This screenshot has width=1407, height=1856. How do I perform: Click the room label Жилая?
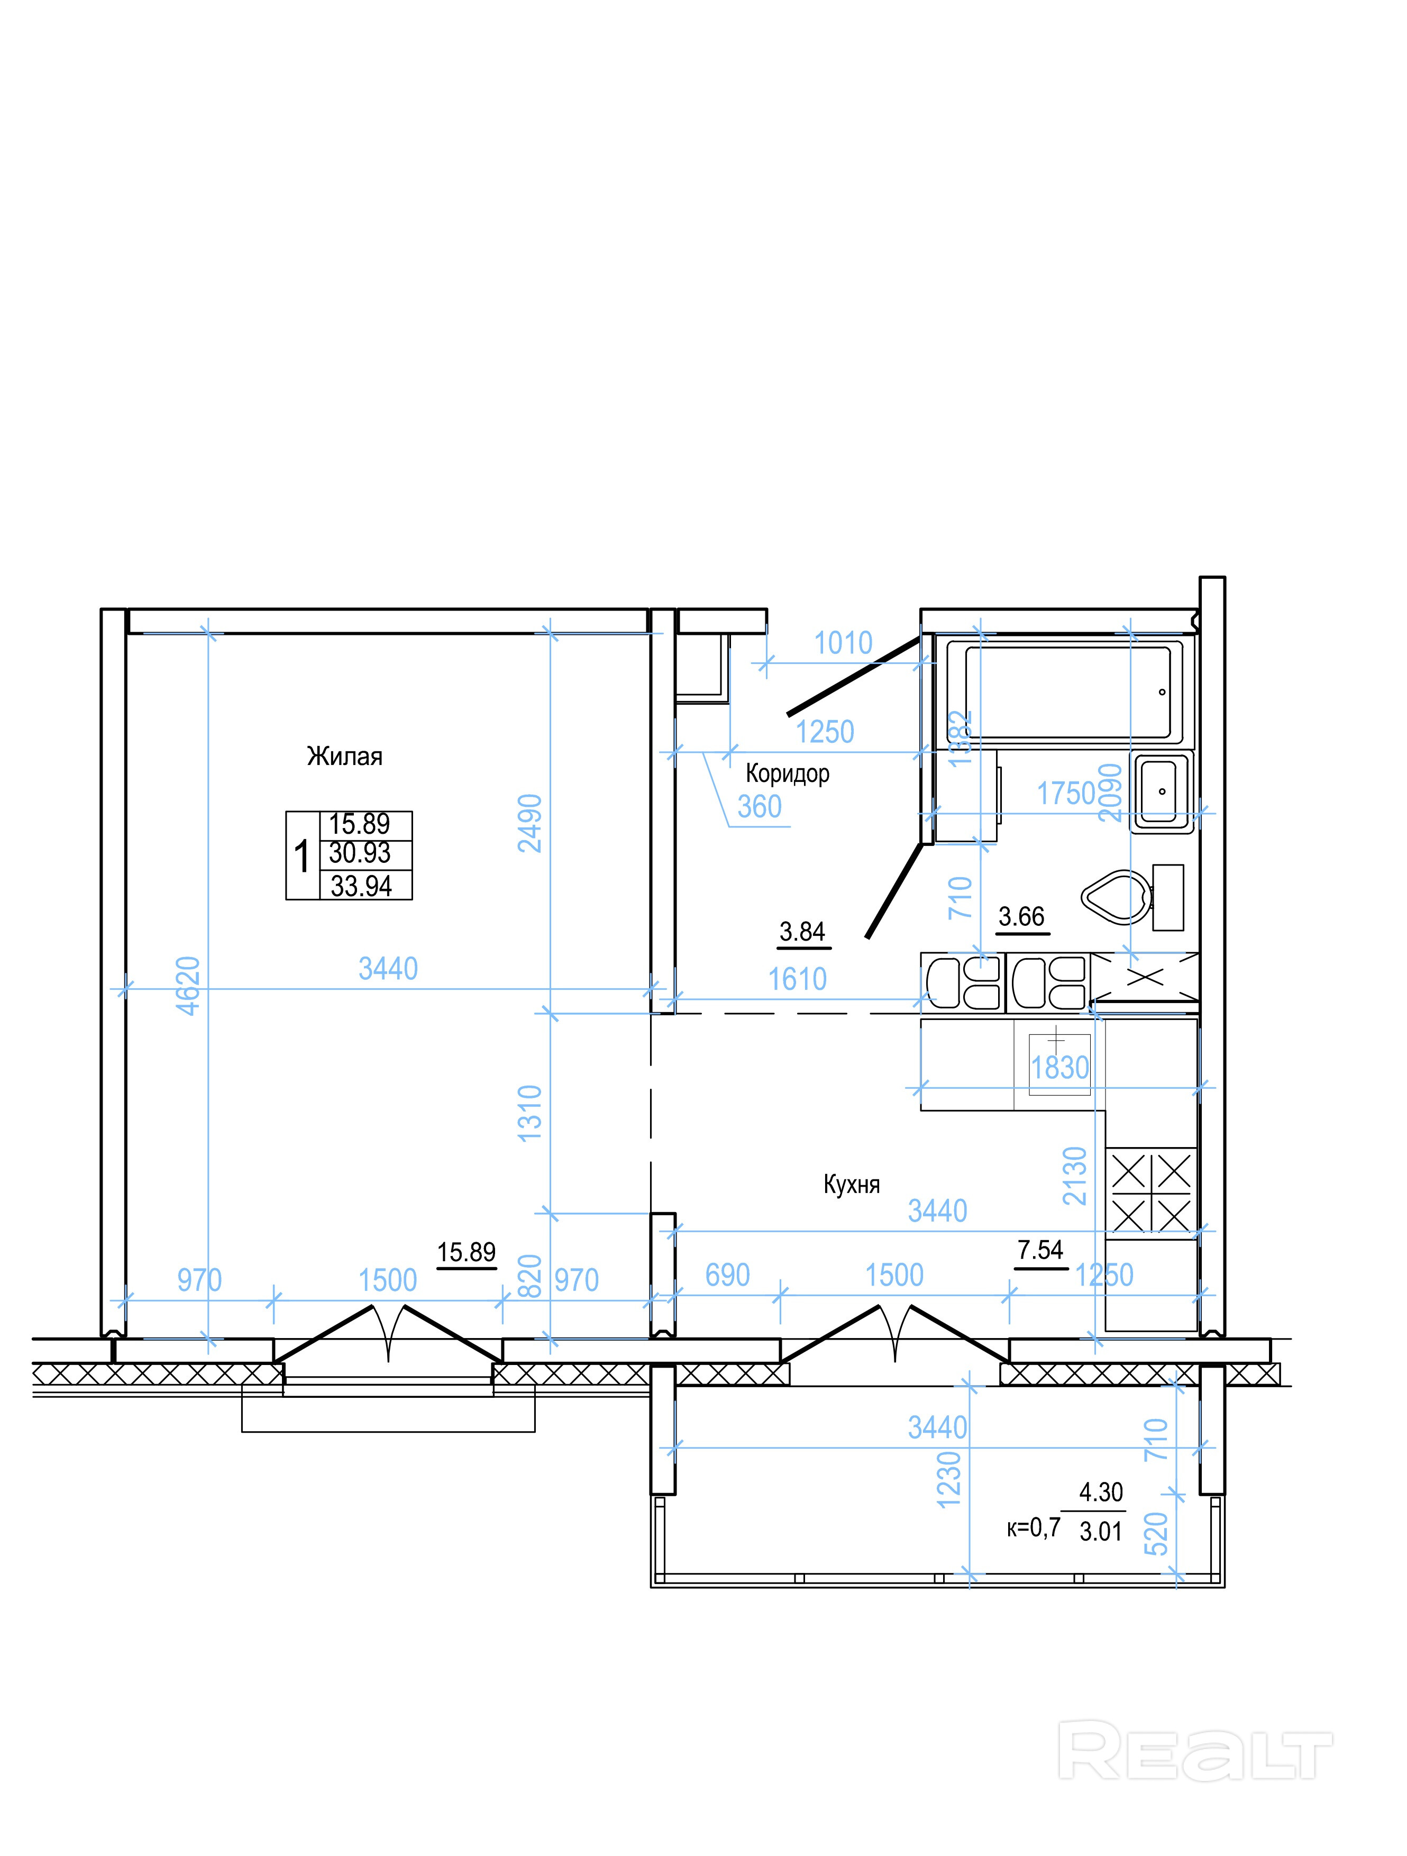pyautogui.click(x=345, y=757)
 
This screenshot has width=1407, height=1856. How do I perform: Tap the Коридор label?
pyautogui.click(x=787, y=773)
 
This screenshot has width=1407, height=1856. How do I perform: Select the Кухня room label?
pyautogui.click(x=852, y=1184)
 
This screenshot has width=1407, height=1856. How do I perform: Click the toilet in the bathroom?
pyautogui.click(x=1132, y=897)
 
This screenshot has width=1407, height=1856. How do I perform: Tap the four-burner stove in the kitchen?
pyautogui.click(x=1151, y=1193)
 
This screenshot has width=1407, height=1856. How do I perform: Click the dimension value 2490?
pyautogui.click(x=530, y=823)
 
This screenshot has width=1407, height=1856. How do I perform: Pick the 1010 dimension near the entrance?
pyautogui.click(x=843, y=643)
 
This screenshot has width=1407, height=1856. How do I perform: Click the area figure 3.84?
pyautogui.click(x=802, y=931)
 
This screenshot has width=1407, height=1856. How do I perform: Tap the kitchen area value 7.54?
pyautogui.click(x=1040, y=1250)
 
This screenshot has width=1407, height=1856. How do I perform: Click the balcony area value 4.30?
pyautogui.click(x=1101, y=1492)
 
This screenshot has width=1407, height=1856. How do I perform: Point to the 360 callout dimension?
pyautogui.click(x=759, y=806)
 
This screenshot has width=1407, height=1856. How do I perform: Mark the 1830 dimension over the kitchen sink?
pyautogui.click(x=1059, y=1068)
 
